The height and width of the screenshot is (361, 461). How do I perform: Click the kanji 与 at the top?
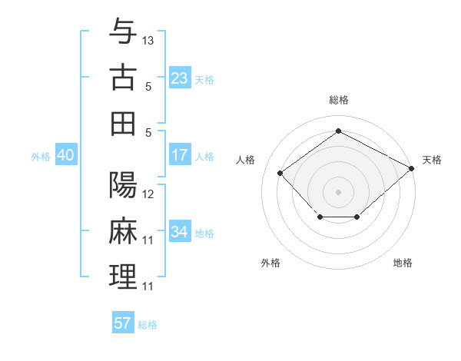click(123, 34)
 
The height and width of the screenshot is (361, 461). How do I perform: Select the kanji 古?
click(123, 78)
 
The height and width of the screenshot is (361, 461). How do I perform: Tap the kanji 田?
click(123, 124)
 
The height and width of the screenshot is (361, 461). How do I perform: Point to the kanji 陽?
click(123, 185)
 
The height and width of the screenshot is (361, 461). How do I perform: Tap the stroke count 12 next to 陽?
click(148, 194)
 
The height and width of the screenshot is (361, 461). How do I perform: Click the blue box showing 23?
click(179, 78)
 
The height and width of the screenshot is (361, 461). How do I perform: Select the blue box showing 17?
click(179, 156)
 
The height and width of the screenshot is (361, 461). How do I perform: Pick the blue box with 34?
click(179, 232)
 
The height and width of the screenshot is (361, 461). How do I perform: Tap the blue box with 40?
click(65, 156)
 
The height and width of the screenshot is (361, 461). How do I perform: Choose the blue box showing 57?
click(123, 323)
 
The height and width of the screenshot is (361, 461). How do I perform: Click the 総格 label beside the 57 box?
click(148, 325)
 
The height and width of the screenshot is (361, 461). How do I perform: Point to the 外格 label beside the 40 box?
click(41, 157)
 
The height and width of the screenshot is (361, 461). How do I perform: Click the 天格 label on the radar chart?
click(432, 160)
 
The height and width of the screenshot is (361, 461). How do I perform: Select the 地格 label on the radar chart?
click(403, 263)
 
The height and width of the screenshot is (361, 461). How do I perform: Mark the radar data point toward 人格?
click(280, 174)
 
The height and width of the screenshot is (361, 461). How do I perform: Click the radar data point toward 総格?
click(338, 131)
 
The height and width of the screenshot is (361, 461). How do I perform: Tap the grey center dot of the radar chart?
click(338, 191)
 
